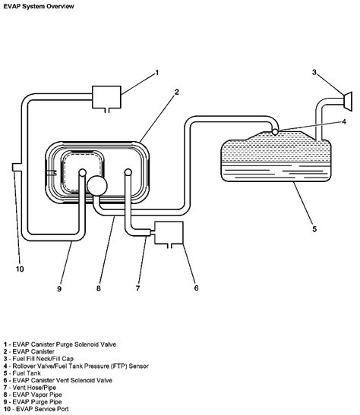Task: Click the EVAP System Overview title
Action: [39, 6]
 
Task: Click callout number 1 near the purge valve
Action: [157, 73]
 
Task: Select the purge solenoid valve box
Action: [106, 97]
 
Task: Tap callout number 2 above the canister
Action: [177, 92]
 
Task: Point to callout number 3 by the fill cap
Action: [314, 72]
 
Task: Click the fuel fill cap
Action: [348, 102]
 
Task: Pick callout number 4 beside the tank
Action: [344, 121]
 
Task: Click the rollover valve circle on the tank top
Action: [275, 131]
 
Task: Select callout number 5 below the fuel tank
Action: [314, 228]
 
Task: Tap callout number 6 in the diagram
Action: [196, 288]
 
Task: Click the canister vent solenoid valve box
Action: [169, 233]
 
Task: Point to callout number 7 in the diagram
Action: [137, 288]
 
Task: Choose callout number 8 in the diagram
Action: [99, 288]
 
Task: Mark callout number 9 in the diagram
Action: [59, 288]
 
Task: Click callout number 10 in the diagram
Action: [20, 269]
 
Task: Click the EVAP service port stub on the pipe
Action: [17, 167]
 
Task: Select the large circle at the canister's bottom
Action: [97, 186]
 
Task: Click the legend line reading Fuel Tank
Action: [22, 373]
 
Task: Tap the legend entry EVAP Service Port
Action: [36, 409]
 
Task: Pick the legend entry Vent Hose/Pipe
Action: [30, 388]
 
